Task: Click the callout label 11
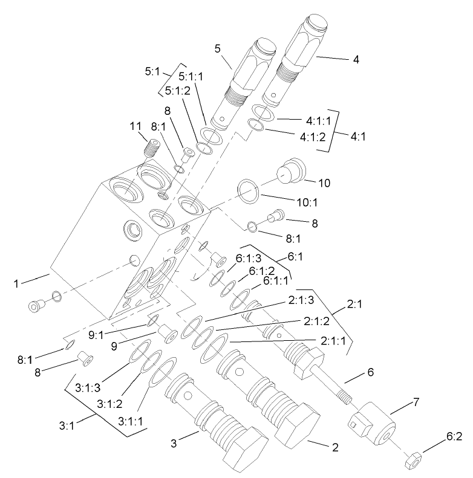(135, 126)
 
